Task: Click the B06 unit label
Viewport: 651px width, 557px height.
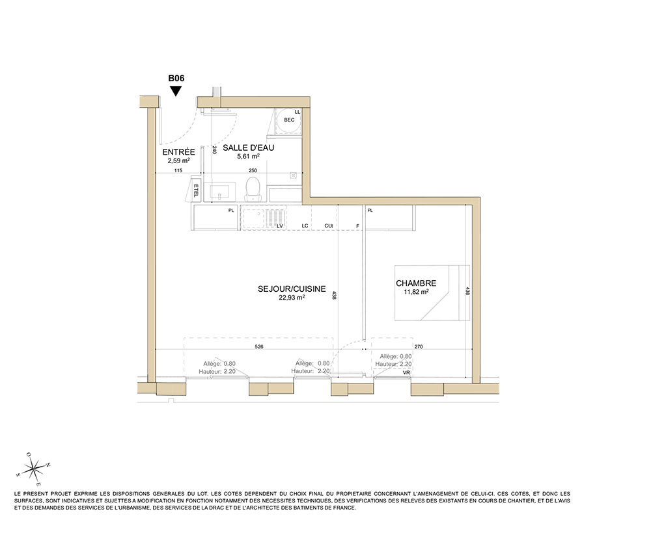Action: (x=176, y=78)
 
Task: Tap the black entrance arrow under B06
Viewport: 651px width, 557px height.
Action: (x=176, y=91)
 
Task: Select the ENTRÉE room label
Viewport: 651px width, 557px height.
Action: (x=178, y=152)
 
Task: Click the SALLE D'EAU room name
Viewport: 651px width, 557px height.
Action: (x=248, y=148)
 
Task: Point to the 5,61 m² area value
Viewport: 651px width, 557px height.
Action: (x=248, y=156)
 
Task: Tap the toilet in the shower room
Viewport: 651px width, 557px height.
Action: (x=253, y=189)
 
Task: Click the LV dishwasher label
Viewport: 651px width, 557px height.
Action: (x=280, y=226)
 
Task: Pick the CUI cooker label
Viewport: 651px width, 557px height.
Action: (x=328, y=226)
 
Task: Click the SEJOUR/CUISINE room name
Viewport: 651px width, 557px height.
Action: (x=292, y=289)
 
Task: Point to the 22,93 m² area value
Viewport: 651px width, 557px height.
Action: (x=292, y=298)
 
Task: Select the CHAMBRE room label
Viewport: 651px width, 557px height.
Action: (x=416, y=283)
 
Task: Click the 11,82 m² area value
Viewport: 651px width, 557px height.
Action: (x=416, y=292)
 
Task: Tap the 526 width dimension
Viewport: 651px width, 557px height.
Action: (x=258, y=346)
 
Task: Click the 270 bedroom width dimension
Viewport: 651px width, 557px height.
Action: (x=419, y=346)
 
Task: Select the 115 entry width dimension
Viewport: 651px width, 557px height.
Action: (x=178, y=170)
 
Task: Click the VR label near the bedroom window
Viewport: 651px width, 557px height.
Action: (x=406, y=373)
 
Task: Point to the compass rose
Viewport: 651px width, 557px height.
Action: (x=34, y=469)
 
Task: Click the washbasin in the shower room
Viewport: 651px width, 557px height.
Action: (x=223, y=191)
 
